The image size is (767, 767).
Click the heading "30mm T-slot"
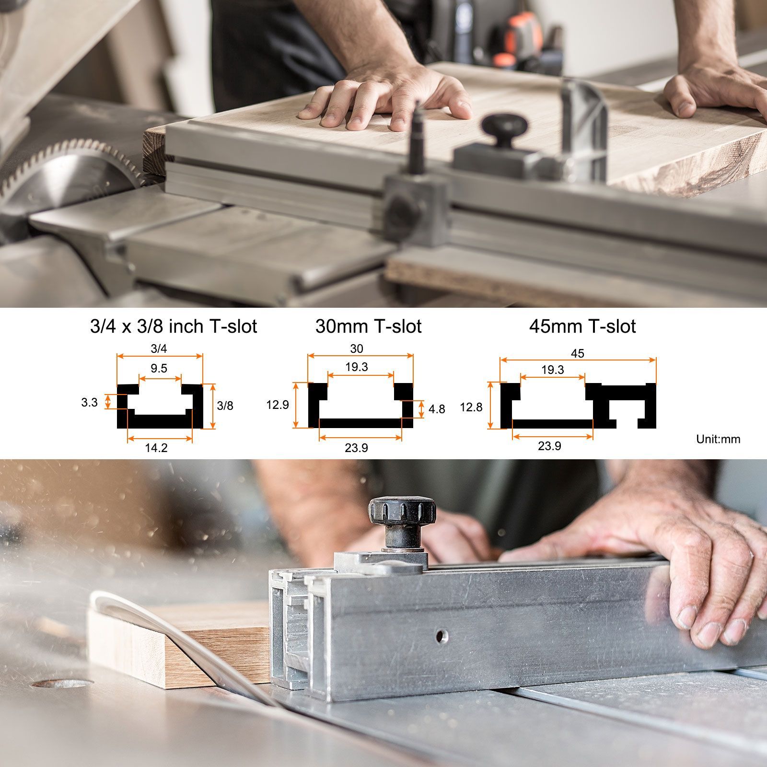368,326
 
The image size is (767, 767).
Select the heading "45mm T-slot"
582,326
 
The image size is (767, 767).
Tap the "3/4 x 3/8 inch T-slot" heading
174,326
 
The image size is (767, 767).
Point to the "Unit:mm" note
718,439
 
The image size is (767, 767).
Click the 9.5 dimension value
159,368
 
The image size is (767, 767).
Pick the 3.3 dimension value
89,403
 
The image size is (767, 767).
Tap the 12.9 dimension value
278,405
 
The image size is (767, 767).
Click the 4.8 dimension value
436,409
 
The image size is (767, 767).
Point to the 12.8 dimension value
471,407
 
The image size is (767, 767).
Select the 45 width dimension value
578,353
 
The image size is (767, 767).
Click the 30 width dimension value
357,349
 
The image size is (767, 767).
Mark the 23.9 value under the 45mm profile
549,446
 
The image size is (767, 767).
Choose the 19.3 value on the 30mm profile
357,367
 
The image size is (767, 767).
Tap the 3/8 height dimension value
225,406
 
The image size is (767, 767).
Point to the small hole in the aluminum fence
440,636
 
